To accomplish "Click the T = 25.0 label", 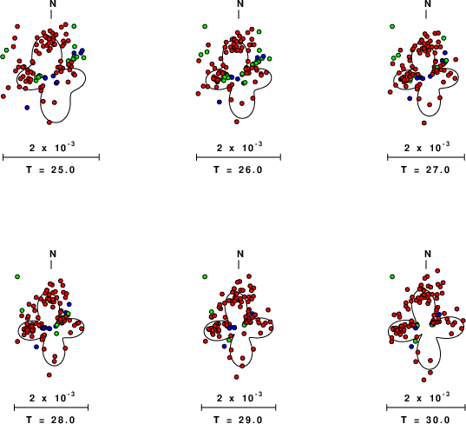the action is click(x=51, y=170).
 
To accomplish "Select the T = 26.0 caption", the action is click(x=239, y=170).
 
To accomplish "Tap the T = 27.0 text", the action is click(x=425, y=170).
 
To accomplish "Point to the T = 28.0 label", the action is click(x=51, y=420).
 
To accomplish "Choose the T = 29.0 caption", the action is click(x=239, y=420).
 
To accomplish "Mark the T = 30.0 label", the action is click(x=425, y=420).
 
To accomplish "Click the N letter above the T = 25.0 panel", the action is click(x=53, y=3).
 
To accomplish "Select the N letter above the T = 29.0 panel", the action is click(x=240, y=254).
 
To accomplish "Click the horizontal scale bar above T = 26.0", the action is click(x=239, y=157).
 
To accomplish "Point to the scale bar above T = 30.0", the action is click(x=426, y=407).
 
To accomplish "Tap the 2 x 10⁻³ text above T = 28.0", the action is click(x=52, y=397).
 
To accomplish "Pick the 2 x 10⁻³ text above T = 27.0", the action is click(x=427, y=147).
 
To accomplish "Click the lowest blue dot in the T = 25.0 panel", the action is click(x=27, y=108).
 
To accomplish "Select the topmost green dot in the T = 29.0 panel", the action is click(x=205, y=276).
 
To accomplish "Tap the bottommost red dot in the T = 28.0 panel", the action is click(x=49, y=374).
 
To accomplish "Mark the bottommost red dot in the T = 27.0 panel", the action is click(x=424, y=123).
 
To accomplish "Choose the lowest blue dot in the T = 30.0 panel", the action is click(x=411, y=347).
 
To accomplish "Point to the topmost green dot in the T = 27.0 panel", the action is click(x=392, y=26).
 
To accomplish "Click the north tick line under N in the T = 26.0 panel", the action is click(x=239, y=14).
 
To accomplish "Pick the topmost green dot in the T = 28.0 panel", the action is click(x=17, y=276).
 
